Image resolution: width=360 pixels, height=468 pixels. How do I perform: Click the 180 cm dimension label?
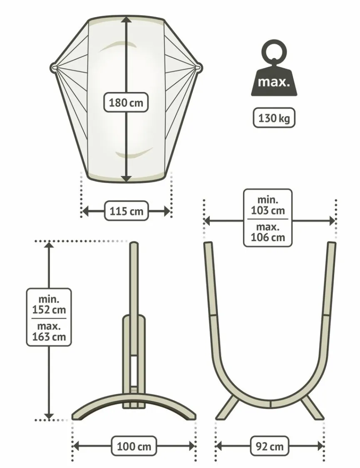[126, 103]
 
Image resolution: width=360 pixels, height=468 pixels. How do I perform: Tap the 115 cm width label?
[126, 211]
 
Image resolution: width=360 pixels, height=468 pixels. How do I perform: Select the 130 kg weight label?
[274, 118]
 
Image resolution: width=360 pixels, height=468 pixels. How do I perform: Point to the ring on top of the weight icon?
[274, 50]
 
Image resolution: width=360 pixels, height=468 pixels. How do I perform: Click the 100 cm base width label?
[134, 446]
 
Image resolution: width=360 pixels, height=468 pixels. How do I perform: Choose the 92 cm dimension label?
[270, 446]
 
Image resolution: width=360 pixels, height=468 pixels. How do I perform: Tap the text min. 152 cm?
[49, 304]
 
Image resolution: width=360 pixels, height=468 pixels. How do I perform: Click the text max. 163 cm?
[49, 331]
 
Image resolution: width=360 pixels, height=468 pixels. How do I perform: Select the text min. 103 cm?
[268, 205]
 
